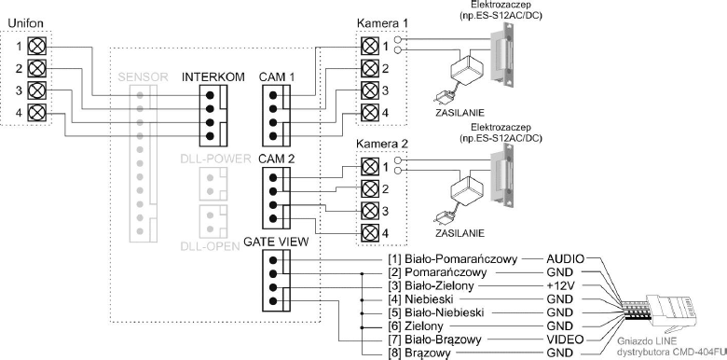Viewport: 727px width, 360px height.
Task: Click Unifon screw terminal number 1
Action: coord(36,47)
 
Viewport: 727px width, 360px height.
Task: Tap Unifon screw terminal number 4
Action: coord(36,112)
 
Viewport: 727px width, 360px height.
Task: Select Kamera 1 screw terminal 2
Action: coord(368,69)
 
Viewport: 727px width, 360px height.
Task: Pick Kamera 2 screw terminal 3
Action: coord(368,210)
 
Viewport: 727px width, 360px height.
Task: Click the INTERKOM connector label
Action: coord(213,77)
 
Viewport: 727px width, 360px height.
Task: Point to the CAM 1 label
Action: coord(277,77)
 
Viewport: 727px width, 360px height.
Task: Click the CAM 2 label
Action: coord(277,159)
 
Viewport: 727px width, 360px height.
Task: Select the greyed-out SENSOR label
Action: coord(143,77)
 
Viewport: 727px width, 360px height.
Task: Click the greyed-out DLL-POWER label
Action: coord(215,159)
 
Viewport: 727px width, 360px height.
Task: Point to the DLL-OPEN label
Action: coord(210,246)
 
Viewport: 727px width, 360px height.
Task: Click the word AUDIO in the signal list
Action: coord(565,258)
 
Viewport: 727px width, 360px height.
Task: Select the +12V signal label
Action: coord(560,285)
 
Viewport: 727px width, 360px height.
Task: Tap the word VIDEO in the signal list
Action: coord(564,339)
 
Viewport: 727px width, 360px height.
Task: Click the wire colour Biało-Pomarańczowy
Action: coord(460,259)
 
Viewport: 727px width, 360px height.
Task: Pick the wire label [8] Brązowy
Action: coord(419,353)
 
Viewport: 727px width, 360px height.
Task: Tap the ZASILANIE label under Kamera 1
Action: coord(460,112)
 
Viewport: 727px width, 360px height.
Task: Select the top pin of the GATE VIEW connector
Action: coord(273,260)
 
